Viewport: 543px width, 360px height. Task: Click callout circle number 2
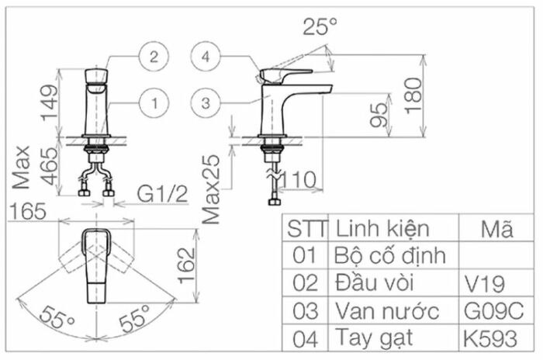(x=154, y=57)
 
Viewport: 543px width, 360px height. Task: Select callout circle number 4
(x=206, y=57)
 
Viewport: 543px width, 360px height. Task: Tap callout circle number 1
(x=154, y=103)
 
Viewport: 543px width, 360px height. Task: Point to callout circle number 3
(x=206, y=103)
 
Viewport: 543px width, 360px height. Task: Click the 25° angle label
(x=320, y=26)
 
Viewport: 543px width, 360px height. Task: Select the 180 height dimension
(x=413, y=95)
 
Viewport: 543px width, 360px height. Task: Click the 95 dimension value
(x=379, y=115)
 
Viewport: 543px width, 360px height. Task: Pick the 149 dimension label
(x=50, y=102)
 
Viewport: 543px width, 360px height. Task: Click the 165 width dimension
(x=28, y=211)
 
